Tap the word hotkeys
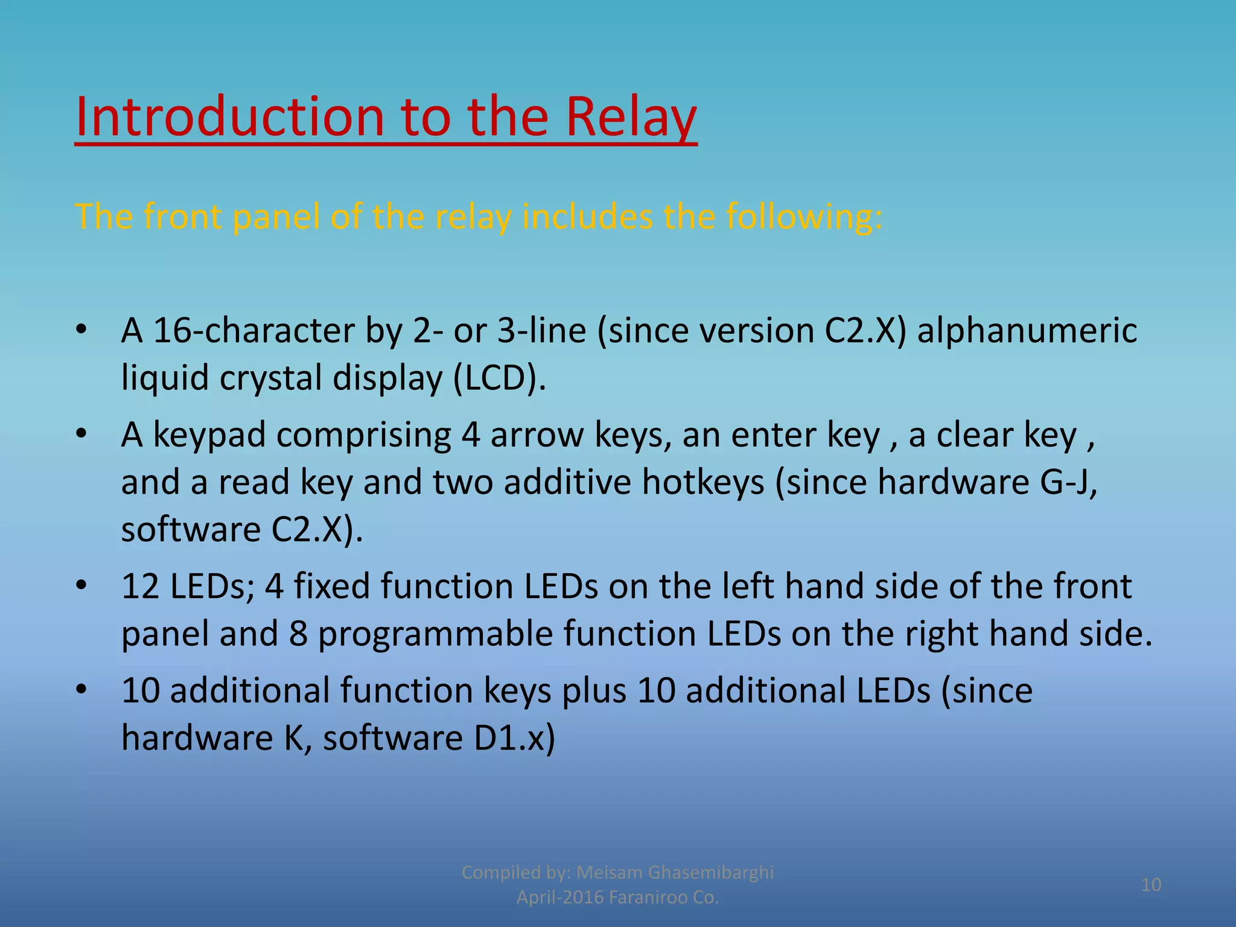point(703,482)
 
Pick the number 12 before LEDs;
point(141,587)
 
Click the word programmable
point(435,634)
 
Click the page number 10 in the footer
point(1151,885)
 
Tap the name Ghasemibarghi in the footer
point(710,872)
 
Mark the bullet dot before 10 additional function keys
point(82,689)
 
